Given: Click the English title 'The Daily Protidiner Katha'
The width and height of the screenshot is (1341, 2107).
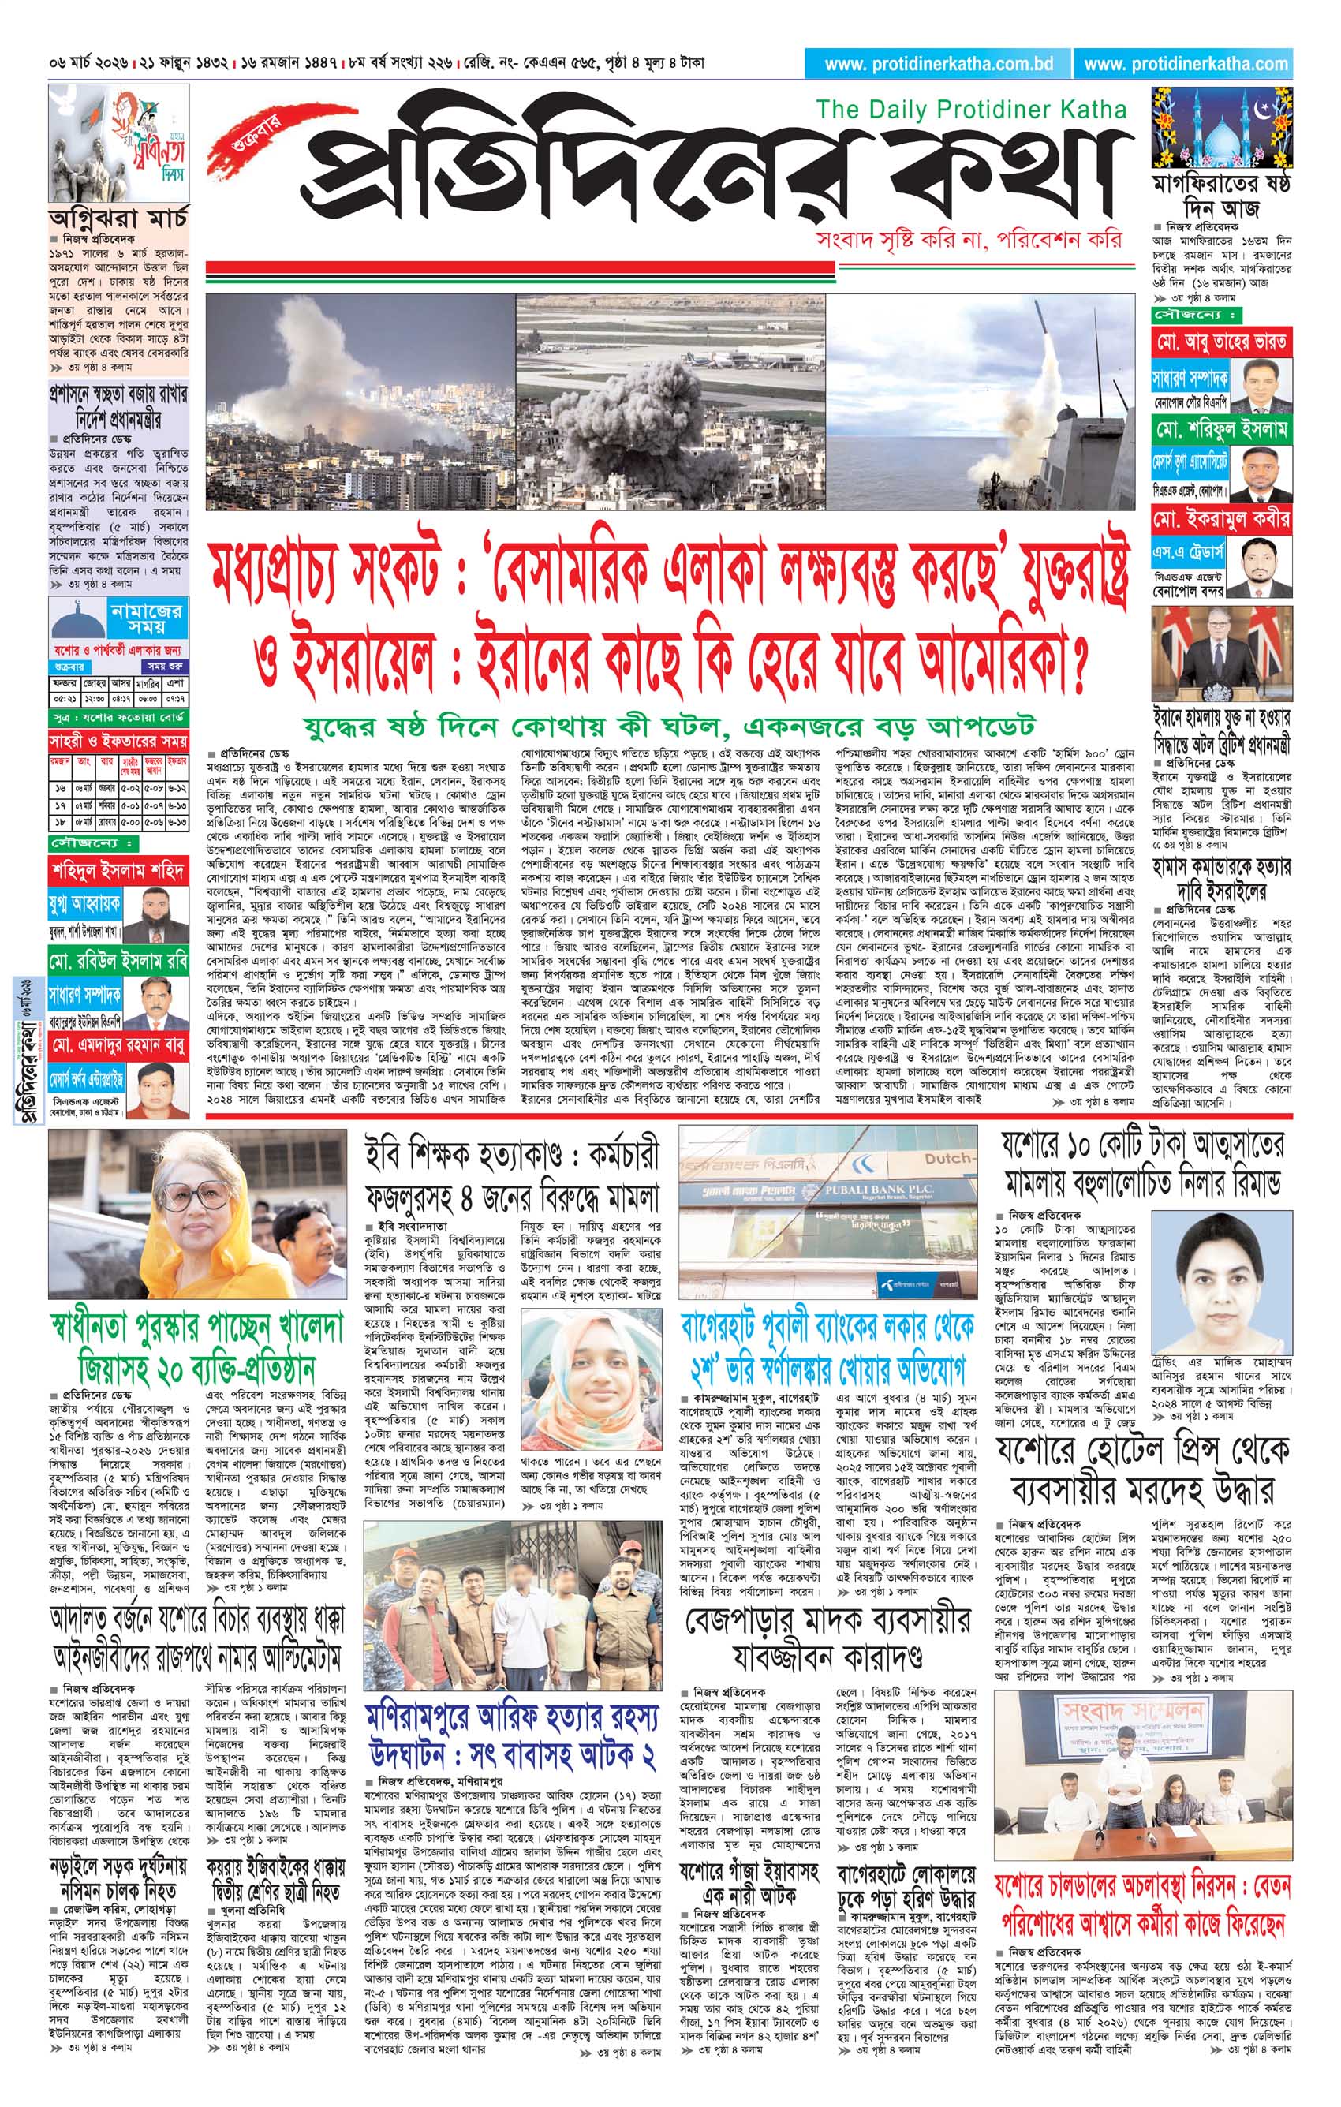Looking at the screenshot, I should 971,110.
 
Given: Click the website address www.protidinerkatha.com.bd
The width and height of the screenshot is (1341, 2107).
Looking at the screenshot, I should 938,64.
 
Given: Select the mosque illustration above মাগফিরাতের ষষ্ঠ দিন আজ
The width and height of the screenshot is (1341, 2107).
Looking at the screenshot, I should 1220,127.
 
